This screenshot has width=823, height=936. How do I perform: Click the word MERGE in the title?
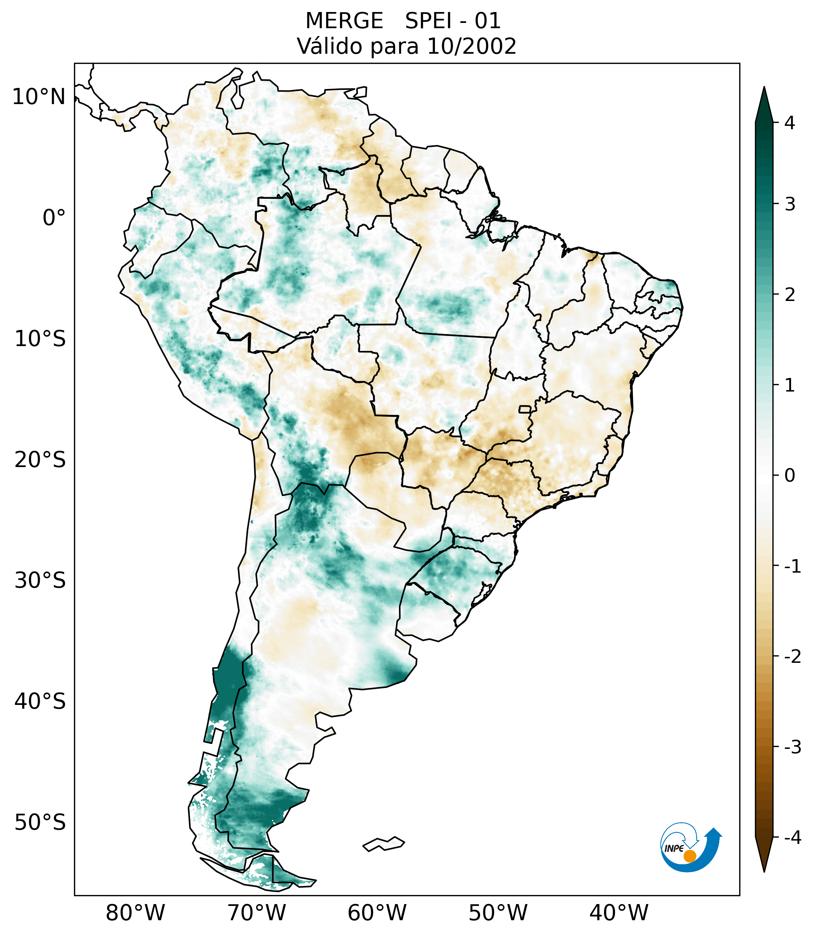click(x=344, y=21)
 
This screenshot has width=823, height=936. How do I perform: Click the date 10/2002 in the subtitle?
click(x=472, y=46)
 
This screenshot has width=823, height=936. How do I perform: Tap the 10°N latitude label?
click(x=39, y=97)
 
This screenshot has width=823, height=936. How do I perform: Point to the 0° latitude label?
click(x=54, y=218)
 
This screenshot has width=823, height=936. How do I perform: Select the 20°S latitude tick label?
click(x=40, y=460)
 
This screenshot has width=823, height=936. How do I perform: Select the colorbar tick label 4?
click(x=790, y=123)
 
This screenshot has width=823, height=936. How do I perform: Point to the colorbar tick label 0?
click(x=790, y=476)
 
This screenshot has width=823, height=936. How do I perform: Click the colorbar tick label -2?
click(x=792, y=657)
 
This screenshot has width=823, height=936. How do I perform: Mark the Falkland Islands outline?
click(x=384, y=844)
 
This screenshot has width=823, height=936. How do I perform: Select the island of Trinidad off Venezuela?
click(x=361, y=92)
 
